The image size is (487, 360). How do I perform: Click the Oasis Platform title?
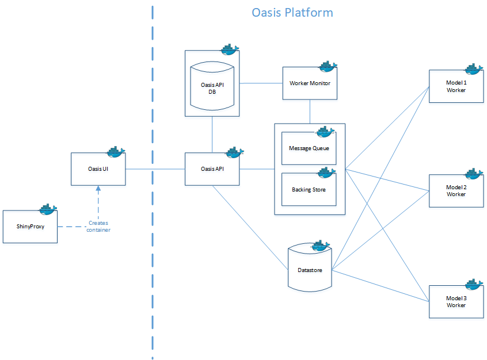[292, 12]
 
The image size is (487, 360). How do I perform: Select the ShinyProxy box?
[31, 227]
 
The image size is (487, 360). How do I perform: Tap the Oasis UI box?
[98, 169]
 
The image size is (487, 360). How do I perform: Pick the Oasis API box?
[212, 169]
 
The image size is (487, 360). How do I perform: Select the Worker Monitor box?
[310, 83]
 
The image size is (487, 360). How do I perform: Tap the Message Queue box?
[309, 148]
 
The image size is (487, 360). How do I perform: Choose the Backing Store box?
[309, 189]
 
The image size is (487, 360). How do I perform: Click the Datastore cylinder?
[310, 269]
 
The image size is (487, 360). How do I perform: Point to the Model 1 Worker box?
[456, 86]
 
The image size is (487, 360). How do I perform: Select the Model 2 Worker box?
[456, 191]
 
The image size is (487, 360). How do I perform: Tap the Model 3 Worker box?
[456, 302]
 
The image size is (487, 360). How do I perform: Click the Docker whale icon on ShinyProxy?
[47, 208]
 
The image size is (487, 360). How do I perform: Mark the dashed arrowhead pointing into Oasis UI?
[98, 189]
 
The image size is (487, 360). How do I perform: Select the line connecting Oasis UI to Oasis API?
[154, 169]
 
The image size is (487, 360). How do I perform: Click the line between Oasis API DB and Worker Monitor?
[260, 83]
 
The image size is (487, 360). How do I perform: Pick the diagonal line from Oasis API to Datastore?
[250, 228]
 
